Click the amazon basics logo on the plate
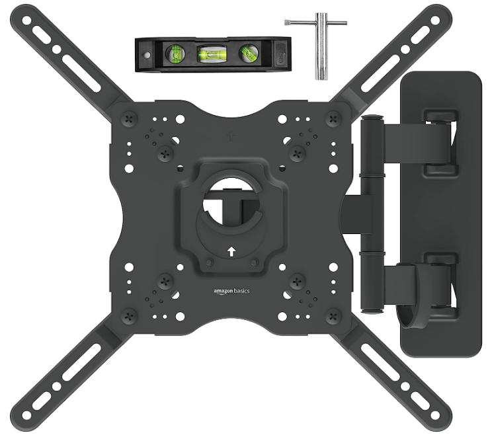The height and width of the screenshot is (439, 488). [231, 291]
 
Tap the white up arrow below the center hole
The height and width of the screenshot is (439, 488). [231, 251]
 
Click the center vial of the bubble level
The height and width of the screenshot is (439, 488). [212, 54]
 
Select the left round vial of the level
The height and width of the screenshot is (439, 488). [175, 54]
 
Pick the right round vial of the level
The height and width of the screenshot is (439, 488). [249, 53]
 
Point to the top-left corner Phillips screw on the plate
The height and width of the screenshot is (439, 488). [130, 118]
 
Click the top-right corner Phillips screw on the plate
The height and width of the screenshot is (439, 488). [333, 118]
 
